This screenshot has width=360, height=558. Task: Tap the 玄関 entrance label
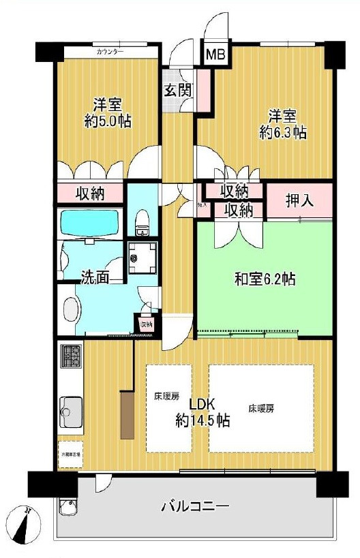[x=177, y=89]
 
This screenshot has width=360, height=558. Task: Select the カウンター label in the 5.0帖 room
[x=110, y=52]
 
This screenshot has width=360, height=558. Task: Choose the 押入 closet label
[x=299, y=201]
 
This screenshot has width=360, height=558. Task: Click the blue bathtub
[x=91, y=222]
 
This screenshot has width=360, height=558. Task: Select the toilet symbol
[x=142, y=219]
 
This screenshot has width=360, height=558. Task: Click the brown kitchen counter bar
[x=127, y=414]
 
